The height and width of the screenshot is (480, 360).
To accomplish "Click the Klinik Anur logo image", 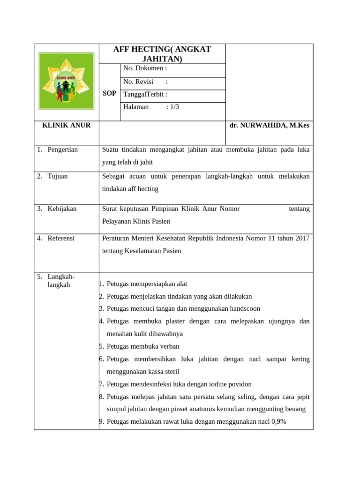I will (x=66, y=81).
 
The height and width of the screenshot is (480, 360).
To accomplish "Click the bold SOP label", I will (x=109, y=94).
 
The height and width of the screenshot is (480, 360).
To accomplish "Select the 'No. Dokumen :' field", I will (x=145, y=68).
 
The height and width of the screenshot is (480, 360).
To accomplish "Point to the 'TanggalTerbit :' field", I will (x=145, y=94).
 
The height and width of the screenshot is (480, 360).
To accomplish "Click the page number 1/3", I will (x=174, y=107).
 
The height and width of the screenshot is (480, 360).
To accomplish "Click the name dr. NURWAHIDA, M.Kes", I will (x=269, y=126).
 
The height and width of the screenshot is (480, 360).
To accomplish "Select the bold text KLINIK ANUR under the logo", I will (x=67, y=126).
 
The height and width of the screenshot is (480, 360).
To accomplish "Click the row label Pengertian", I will (x=63, y=150).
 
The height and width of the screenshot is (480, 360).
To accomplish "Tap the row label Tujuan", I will (x=58, y=176).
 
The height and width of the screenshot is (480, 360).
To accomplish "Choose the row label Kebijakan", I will (x=62, y=209).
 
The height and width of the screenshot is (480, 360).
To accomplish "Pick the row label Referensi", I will (x=61, y=238).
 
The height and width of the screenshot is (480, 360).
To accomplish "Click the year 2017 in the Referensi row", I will (x=302, y=238).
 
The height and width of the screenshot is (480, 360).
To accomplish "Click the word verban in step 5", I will (x=170, y=346).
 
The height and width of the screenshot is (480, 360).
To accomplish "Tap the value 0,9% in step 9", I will (x=277, y=421).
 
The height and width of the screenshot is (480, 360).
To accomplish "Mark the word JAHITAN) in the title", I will (x=162, y=59).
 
